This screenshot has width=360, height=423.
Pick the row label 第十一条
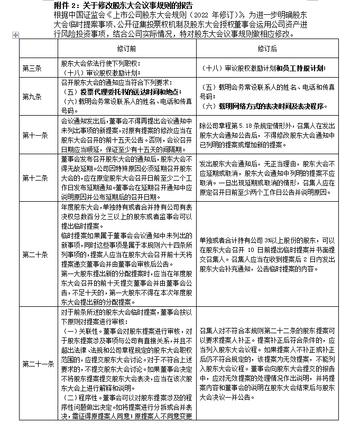point(32,135)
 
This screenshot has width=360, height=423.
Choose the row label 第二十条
point(32,254)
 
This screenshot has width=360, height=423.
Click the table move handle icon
point(15,35)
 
